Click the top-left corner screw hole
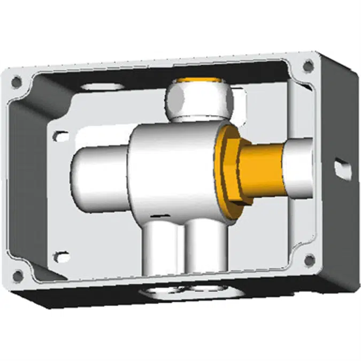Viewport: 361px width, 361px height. pos(17,82)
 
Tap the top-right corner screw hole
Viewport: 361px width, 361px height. pos(308,66)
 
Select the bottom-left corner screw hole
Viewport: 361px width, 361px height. pos(18,276)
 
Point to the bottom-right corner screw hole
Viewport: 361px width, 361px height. pos(309,260)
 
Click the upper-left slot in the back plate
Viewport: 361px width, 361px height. pos(62,136)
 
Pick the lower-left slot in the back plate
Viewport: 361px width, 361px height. pos(62,257)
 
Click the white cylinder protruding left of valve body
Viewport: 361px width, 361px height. pos(99,171)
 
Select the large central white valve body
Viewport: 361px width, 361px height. pos(171,171)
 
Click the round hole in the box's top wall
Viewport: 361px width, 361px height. pos(102,86)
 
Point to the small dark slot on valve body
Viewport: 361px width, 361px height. pos(156,216)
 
